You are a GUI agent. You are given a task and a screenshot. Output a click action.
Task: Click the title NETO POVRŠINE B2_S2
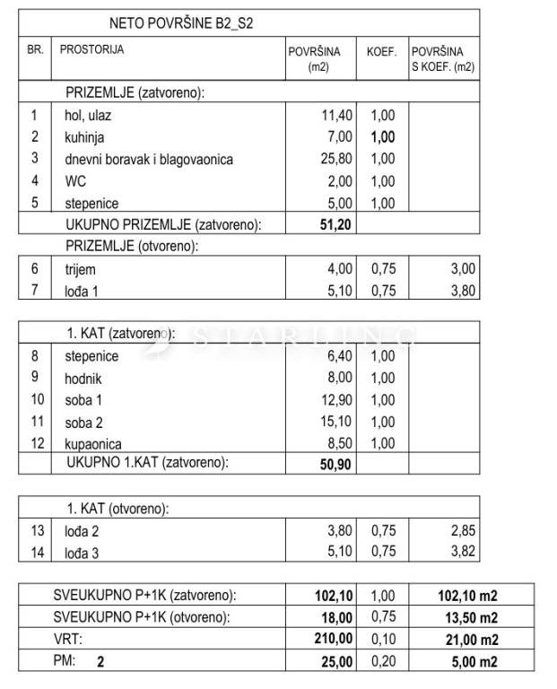click(x=180, y=23)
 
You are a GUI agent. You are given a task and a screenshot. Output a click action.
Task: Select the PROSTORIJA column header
click(x=91, y=49)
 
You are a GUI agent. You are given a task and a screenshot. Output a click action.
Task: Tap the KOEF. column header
click(x=381, y=51)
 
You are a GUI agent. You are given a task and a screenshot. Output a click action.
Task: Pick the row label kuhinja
click(x=85, y=137)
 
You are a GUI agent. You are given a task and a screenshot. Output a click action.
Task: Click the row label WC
click(x=74, y=181)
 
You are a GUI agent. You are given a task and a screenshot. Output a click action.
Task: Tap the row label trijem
click(x=80, y=268)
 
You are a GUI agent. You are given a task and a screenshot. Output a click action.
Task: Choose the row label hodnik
click(x=83, y=379)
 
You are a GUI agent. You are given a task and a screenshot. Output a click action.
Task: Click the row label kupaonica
click(x=93, y=444)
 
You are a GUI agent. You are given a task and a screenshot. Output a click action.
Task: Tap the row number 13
click(x=36, y=530)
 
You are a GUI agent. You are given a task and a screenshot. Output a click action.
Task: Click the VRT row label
click(x=67, y=640)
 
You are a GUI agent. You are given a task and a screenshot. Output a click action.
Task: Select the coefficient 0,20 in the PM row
click(x=382, y=662)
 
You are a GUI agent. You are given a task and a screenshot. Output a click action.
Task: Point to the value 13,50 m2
click(x=457, y=618)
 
